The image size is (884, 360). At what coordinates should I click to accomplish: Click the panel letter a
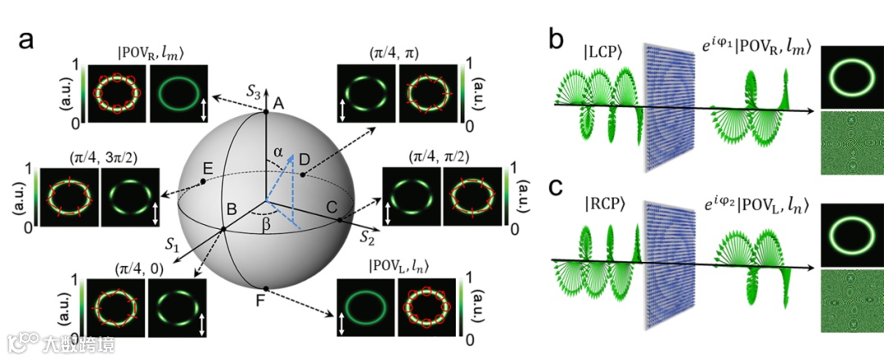[22, 41]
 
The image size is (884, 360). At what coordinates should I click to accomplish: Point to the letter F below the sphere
[259, 302]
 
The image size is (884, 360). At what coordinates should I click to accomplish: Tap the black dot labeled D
[303, 174]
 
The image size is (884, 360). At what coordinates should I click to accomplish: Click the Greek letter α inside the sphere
[278, 151]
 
